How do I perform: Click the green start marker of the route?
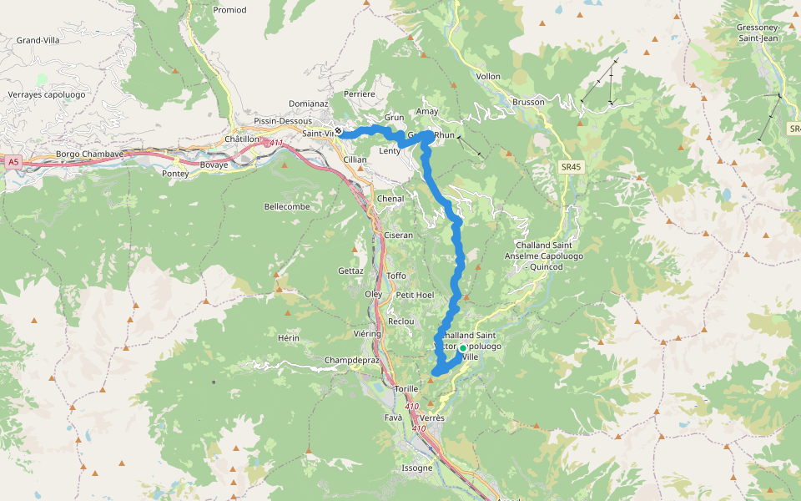(x=462, y=348)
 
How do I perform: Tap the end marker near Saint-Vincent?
(x=339, y=131)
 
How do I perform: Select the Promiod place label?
(x=229, y=10)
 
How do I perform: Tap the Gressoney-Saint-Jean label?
(x=758, y=33)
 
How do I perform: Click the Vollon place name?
(x=488, y=76)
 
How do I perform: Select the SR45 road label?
(x=569, y=169)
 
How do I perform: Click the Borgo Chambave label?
(x=89, y=154)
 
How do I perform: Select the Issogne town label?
(x=417, y=468)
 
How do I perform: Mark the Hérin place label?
(x=288, y=337)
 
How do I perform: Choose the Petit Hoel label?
(x=415, y=295)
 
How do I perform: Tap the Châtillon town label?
(x=243, y=139)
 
